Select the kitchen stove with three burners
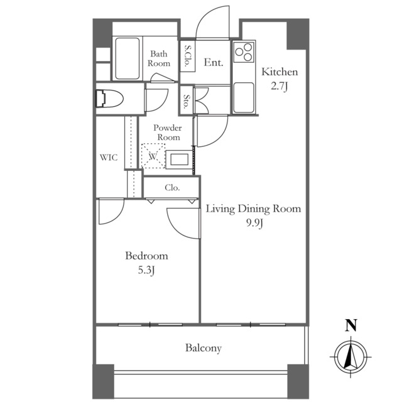tap(244, 54)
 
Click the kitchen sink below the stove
tap(244, 94)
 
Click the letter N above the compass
tap(351, 325)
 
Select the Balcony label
tap(203, 348)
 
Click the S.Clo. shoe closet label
tap(188, 56)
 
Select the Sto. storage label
tap(187, 100)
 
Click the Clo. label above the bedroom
tap(172, 187)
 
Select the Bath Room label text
tap(159, 58)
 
